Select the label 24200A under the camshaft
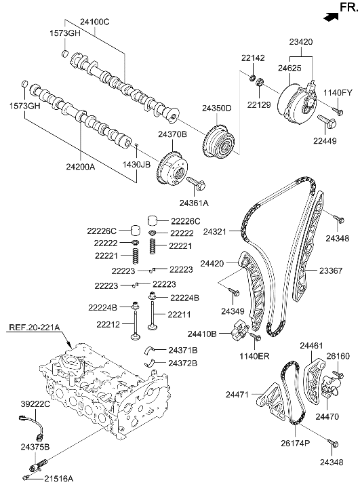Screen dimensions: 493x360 pyautogui.click(x=80, y=165)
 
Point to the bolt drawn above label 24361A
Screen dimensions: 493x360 pyautogui.click(x=195, y=183)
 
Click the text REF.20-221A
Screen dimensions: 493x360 pyautogui.click(x=35, y=328)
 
